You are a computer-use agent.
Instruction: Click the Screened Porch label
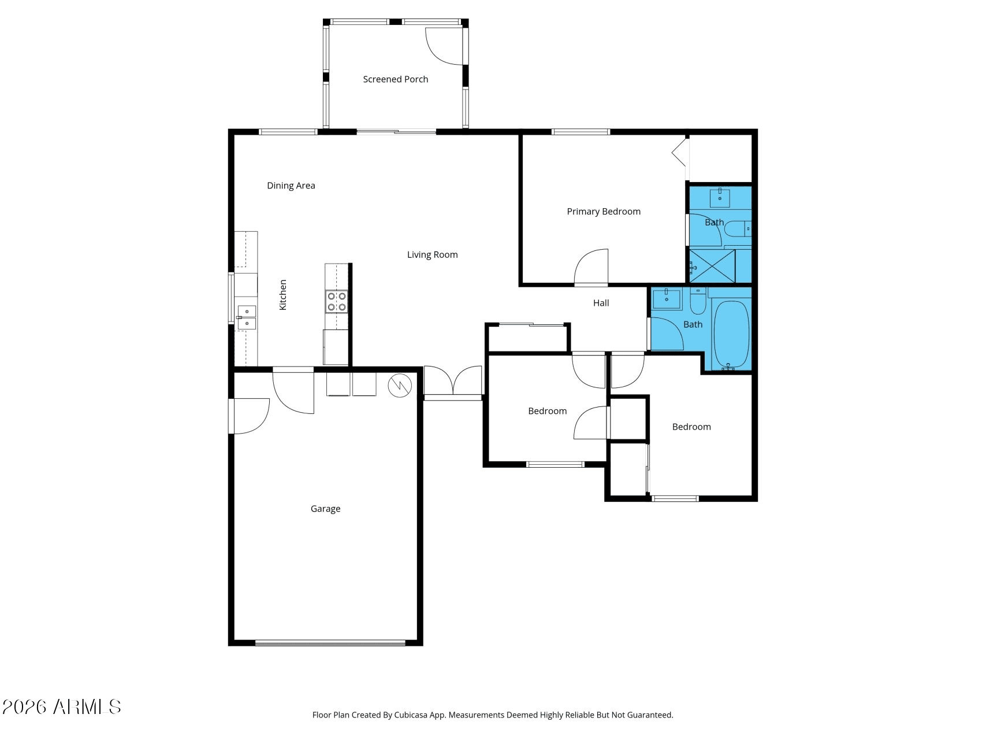[396, 79]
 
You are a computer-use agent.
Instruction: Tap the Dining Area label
[291, 186]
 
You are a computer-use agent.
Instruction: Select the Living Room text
[433, 254]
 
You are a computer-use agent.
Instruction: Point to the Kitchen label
[283, 295]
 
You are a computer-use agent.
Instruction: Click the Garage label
[326, 509]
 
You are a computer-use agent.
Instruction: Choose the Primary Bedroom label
[604, 212]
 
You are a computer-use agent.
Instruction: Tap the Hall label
[601, 303]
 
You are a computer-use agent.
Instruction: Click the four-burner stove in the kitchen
[337, 301]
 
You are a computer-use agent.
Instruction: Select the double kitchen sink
[247, 317]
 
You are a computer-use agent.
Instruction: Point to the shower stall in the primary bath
[713, 266]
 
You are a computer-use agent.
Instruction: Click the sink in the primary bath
[720, 198]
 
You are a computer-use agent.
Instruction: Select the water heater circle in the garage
[399, 386]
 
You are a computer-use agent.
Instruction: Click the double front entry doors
[453, 382]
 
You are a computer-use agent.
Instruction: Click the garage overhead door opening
[330, 642]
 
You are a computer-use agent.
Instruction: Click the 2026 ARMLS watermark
[62, 706]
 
